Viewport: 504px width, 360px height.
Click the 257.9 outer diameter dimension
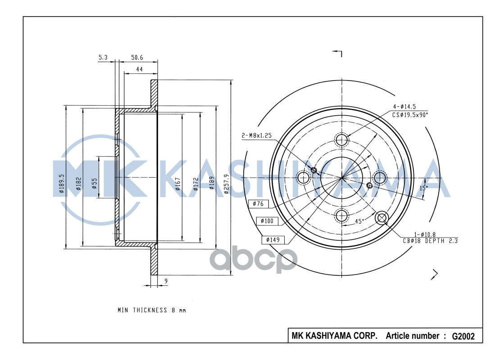coord(227,184)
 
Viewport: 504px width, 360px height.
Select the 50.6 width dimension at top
coord(137,58)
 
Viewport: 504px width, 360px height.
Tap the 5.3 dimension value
coord(103,58)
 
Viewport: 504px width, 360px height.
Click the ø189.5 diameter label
coord(62,184)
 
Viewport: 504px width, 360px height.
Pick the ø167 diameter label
coord(178,182)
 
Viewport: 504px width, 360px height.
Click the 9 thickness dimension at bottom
coord(166,281)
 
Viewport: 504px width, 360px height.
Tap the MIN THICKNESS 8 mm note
coord(151,310)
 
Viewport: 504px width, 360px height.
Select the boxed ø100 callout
coord(267,221)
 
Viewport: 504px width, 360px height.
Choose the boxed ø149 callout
coord(273,239)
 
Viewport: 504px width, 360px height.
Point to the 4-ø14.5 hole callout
coord(404,107)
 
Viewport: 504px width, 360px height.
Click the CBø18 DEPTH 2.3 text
coord(431,241)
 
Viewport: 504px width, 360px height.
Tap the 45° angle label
coord(359,221)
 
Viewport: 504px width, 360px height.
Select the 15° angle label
coord(423,188)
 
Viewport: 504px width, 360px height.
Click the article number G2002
coord(463,336)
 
